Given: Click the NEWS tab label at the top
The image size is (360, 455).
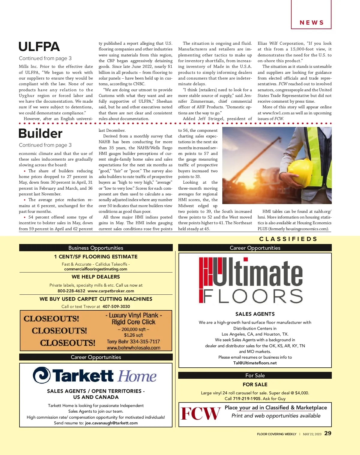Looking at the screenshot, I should click(311, 23).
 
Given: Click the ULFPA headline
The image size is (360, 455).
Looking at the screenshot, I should click(39, 47).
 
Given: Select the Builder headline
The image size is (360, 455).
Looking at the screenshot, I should click(40, 134).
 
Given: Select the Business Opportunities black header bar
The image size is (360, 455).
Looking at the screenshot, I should click(96, 248).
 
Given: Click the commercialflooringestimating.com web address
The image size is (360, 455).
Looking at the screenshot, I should click(96, 269).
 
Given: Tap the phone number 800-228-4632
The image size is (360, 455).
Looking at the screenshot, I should click(71, 291).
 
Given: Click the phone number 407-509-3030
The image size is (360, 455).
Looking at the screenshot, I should click(116, 306).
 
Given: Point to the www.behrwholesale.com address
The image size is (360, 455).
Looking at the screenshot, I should click(133, 348).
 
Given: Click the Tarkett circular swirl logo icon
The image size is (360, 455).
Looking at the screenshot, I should click(41, 375).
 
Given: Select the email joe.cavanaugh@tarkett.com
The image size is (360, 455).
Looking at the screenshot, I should click(111, 423).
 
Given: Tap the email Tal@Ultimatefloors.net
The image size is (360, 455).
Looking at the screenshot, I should click(255, 363).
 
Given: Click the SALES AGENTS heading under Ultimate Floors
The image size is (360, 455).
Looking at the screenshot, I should click(255, 314).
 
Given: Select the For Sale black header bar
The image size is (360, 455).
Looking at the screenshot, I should click(255, 375).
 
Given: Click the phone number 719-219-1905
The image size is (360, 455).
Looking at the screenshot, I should click(247, 399).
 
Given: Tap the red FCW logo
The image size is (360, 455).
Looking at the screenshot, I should click(200, 414).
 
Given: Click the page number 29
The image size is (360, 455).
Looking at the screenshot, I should click(328, 433).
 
